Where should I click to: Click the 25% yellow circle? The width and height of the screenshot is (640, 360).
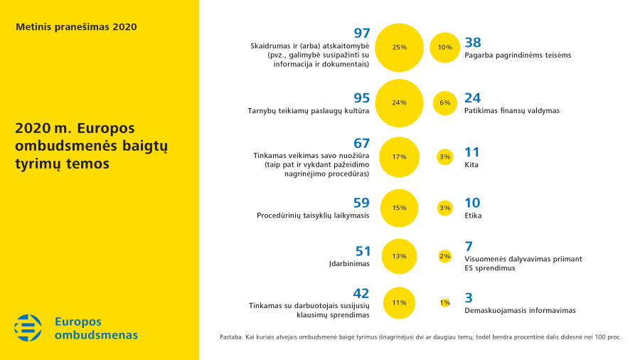(x=399, y=48)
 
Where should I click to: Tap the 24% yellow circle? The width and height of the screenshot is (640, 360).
(x=399, y=102)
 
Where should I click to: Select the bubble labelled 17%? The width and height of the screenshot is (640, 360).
(x=399, y=157)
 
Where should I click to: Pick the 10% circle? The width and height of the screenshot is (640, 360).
(x=445, y=48)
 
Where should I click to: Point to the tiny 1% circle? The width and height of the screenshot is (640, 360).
(x=445, y=302)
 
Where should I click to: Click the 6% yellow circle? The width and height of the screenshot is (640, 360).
(x=445, y=102)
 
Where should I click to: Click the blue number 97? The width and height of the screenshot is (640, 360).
(x=362, y=33)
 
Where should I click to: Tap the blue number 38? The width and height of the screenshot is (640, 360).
(x=473, y=41)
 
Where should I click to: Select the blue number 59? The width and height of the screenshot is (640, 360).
(x=361, y=202)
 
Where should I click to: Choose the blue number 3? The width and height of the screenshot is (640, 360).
(x=469, y=297)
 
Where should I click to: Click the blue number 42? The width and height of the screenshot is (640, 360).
(x=361, y=293)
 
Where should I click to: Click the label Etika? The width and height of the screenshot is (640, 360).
(x=473, y=215)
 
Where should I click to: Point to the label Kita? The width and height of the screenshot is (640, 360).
(x=471, y=164)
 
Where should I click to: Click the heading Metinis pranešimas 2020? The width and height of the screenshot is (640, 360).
(x=76, y=27)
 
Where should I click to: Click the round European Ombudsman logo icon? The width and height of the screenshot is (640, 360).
(x=28, y=328)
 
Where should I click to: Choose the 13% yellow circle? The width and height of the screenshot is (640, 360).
(x=399, y=256)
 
